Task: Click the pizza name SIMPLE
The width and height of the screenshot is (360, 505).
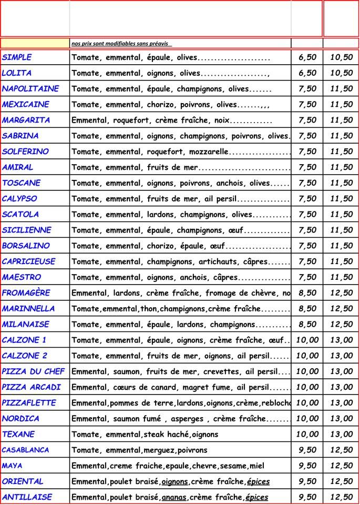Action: pos(17,57)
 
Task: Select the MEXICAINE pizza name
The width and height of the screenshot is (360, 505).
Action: pos(26,104)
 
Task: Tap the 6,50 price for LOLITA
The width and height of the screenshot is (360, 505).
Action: pos(307,73)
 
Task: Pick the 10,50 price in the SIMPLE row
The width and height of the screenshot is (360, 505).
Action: pos(341,57)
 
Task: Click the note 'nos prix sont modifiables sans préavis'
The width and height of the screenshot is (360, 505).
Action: pos(121,44)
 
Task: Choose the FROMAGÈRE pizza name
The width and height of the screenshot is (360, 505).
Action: pos(26,293)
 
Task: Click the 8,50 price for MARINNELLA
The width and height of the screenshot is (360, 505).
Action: pos(307,309)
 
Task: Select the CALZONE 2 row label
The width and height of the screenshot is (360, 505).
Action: pos(25,356)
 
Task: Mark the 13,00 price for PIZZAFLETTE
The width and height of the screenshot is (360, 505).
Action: pos(341,403)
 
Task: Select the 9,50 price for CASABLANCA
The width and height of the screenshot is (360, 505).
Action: pos(307,450)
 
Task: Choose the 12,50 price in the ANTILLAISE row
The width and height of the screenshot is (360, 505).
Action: pos(341,498)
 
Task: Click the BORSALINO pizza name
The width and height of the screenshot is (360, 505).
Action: pos(26,246)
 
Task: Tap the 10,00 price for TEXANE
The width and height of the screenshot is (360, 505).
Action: pos(307,435)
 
